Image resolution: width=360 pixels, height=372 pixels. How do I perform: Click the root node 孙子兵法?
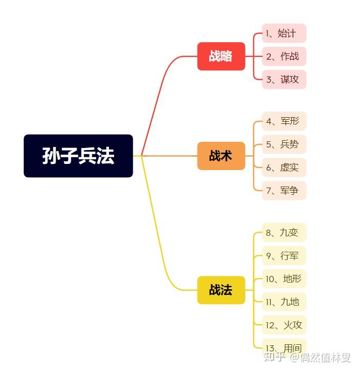(x=78, y=156)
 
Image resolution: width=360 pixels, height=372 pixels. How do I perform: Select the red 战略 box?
(x=221, y=56)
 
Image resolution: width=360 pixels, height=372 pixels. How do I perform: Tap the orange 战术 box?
(x=221, y=156)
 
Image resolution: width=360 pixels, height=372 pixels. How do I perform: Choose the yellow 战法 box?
(x=221, y=290)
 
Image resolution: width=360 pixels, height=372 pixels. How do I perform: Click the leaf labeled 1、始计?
(x=284, y=33)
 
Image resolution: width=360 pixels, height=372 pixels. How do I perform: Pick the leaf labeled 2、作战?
(x=284, y=56)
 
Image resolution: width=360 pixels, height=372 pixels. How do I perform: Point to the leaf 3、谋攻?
(x=284, y=80)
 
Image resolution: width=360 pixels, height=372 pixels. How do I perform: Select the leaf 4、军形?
(x=284, y=121)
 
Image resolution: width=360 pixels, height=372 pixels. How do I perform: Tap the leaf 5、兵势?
(x=284, y=144)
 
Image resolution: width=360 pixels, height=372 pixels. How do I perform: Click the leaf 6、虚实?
(x=284, y=168)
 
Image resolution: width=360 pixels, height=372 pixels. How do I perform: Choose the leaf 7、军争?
(x=284, y=191)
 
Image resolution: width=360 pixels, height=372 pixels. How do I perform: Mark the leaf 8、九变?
(x=284, y=232)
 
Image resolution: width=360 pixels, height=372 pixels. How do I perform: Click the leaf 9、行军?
(x=284, y=255)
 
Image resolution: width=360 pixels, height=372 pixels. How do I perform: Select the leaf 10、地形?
(x=284, y=279)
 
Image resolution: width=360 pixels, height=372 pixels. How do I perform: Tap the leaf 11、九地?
(x=284, y=302)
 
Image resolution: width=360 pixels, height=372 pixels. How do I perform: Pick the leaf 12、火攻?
(x=284, y=325)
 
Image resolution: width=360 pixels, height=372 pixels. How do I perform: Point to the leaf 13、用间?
(x=284, y=347)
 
